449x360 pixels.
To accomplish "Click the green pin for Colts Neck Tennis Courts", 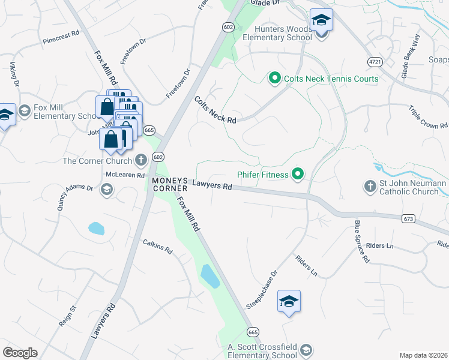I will coord(274,78).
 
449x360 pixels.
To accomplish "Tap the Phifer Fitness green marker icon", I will coord(297,175).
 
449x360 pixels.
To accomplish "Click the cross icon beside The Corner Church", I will coord(141,160).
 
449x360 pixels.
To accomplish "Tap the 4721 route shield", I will coord(375,62).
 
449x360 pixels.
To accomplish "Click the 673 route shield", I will coord(409,219).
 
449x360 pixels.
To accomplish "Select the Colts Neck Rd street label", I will coord(215,110).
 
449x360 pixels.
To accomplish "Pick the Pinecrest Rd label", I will coord(61,38).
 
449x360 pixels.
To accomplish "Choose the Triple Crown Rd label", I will coord(428,116).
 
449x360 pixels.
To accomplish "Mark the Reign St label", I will coord(67,316).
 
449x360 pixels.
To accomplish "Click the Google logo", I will coord(20,352).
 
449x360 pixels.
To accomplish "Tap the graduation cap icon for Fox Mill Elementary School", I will coord(25,110).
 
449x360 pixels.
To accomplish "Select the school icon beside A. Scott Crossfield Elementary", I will coord(306,350).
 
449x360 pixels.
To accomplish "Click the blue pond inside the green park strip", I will coord(209,276).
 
